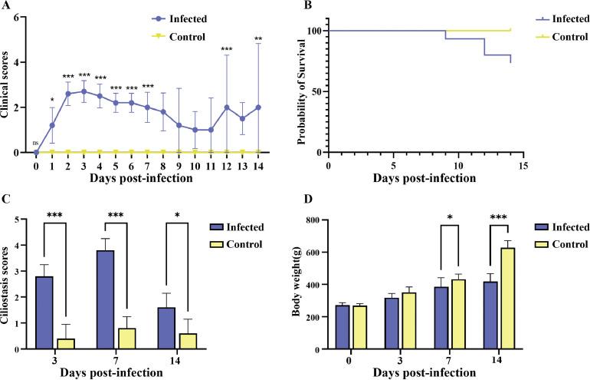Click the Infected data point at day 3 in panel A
coord(84,91)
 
